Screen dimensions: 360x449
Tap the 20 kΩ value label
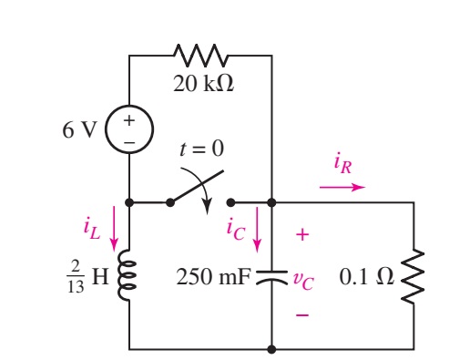point(201,86)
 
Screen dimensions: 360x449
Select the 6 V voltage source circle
point(129,130)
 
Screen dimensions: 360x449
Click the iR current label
point(344,166)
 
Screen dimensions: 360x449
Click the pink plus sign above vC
point(303,235)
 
